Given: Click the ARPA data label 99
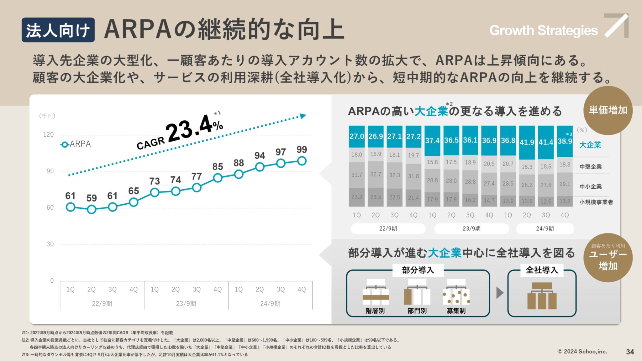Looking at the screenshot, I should click(302, 149).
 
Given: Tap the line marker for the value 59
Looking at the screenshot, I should click(92, 209).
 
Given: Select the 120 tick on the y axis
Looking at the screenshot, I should click(48, 135).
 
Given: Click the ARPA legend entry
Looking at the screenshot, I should click(76, 144).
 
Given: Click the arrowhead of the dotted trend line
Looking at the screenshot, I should click(303, 116).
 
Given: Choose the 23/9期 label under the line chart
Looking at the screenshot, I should click(186, 303).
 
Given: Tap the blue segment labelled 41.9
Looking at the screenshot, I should click(527, 142).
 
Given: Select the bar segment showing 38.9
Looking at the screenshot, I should click(565, 141).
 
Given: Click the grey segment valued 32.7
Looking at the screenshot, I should click(376, 174).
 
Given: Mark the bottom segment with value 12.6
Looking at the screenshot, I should click(546, 201).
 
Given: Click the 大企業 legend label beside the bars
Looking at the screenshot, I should click(590, 145).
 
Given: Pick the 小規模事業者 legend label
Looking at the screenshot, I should click(596, 202).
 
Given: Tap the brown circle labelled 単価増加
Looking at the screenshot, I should click(608, 110).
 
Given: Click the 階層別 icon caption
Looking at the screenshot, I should click(375, 311).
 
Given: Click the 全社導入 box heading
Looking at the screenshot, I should click(542, 270).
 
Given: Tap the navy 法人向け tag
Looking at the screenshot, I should click(58, 30).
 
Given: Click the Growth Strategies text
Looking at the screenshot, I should click(543, 30).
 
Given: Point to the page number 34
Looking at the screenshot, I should click(630, 352).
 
